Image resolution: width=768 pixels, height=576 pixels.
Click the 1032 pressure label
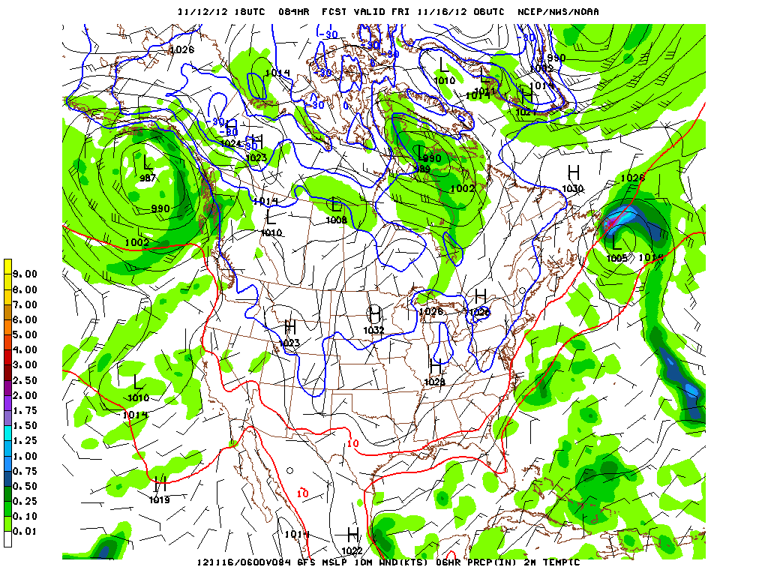[373, 330]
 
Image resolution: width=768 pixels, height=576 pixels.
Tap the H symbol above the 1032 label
[374, 314]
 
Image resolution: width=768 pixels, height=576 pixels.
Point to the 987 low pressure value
[148, 178]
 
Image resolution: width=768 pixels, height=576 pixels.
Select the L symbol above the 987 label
[147, 162]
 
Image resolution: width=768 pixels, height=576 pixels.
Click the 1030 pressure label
[573, 189]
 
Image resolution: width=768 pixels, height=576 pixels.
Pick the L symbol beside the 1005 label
[616, 243]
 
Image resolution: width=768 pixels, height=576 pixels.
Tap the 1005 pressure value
[616, 258]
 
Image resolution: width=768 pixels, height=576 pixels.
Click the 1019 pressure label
[159, 499]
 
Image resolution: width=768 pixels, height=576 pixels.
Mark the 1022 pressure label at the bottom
[352, 550]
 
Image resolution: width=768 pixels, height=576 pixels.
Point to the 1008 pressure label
[336, 220]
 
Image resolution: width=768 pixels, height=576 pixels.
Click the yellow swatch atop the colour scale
[7, 266]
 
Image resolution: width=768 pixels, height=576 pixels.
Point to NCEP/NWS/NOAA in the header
[559, 12]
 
